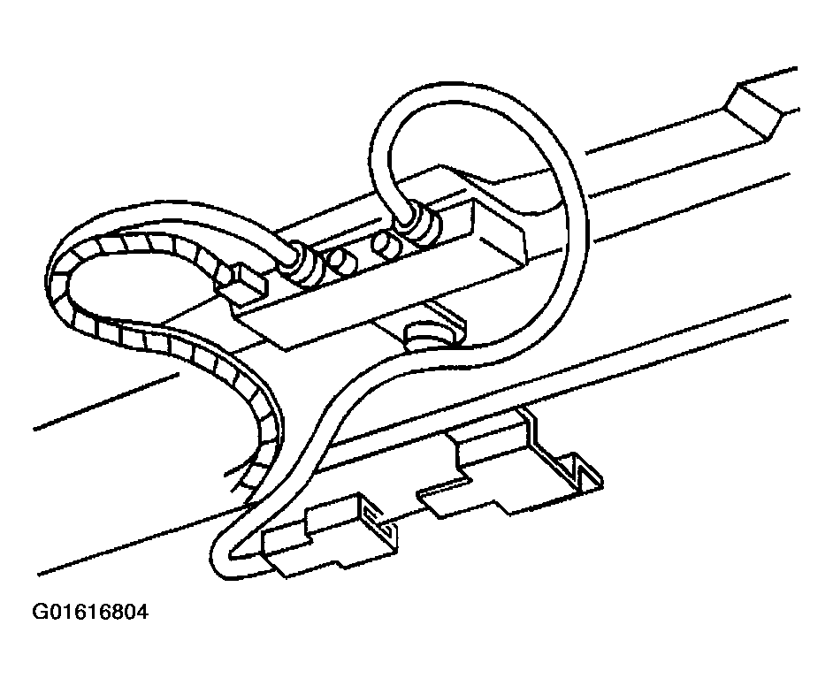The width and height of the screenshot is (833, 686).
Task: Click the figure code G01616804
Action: coord(90,613)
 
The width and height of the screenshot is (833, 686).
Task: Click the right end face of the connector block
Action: coord(501,233)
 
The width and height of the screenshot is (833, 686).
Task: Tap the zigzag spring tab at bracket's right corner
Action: coord(584,470)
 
